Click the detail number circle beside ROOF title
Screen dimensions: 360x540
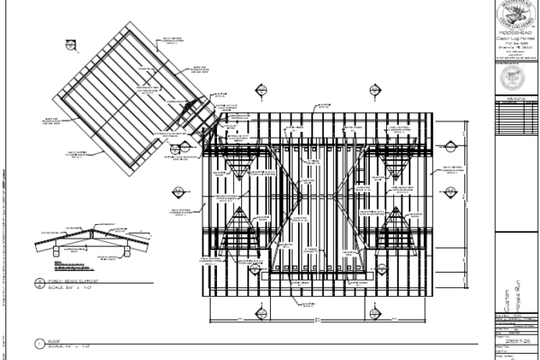(x=39, y=343)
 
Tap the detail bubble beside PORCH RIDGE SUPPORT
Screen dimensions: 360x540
(x=39, y=284)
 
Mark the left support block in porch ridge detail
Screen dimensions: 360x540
(x=54, y=253)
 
